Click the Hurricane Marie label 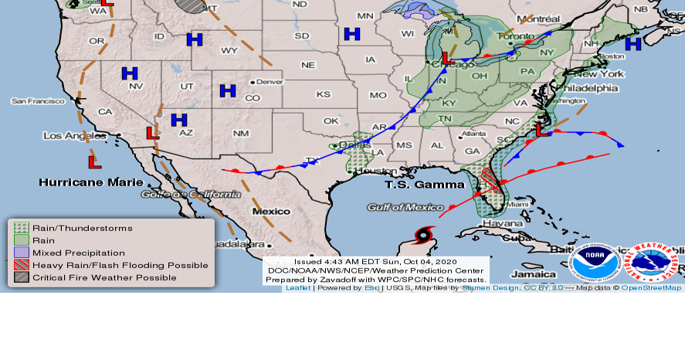91,182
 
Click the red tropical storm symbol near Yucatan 424,236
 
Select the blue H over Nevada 130,73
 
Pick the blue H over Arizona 179,120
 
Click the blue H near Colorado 227,90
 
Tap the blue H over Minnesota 352,34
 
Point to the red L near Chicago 446,58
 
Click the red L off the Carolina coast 543,131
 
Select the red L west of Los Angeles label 94,162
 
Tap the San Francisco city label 37,101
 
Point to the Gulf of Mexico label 405,207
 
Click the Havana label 481,224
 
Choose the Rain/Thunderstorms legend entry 82,228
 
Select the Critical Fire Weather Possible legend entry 103,277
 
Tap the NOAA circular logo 595,263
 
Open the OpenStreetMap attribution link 651,288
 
